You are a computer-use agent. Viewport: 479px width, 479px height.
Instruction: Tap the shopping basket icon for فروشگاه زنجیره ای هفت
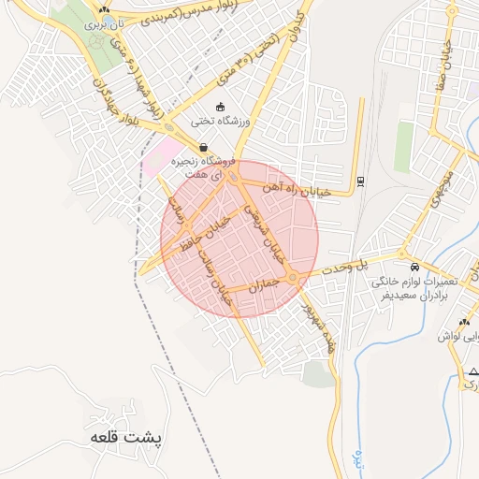(203, 147)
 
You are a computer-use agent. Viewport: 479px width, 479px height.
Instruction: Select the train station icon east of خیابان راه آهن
(361, 181)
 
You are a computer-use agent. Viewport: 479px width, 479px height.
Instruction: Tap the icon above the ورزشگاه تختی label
(220, 107)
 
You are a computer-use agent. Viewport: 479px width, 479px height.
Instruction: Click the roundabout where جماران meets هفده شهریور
(294, 278)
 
